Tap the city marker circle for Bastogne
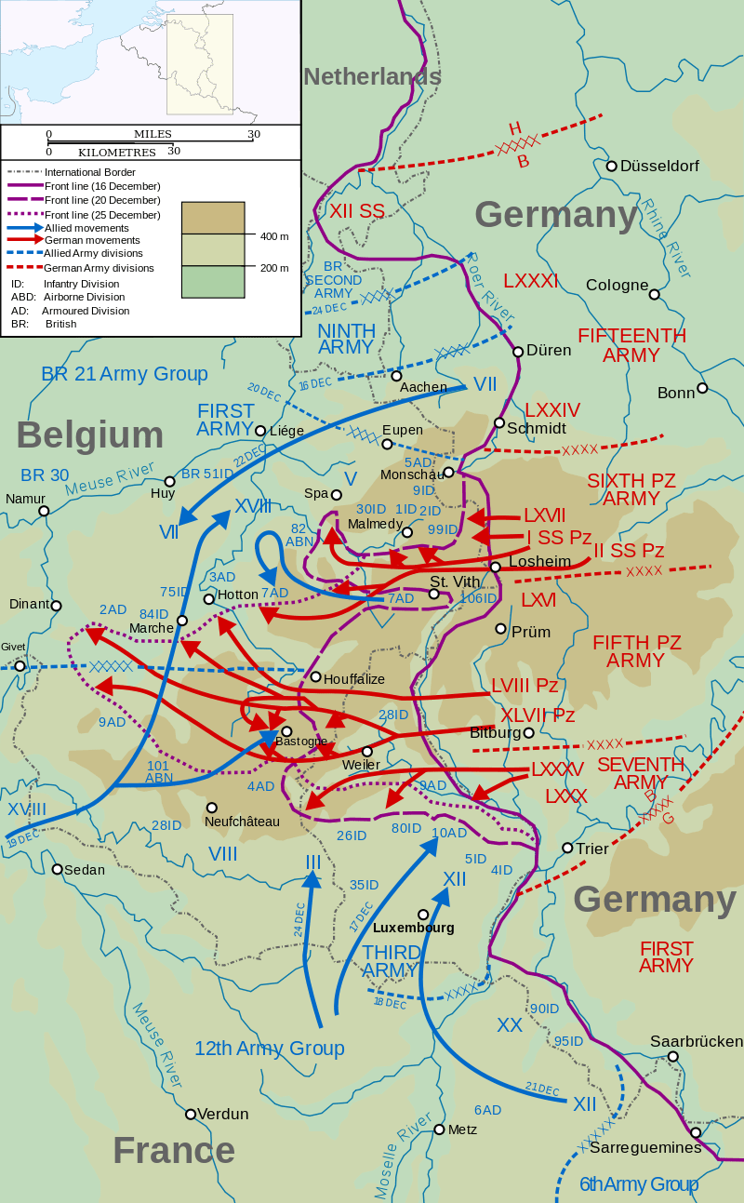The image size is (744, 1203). pos(286,731)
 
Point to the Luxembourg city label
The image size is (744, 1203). pos(413,928)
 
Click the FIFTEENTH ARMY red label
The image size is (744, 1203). pos(631,345)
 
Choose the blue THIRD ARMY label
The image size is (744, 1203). pos(390,961)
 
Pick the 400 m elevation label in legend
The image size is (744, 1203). pos(273,237)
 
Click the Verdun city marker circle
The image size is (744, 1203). pos(191,1114)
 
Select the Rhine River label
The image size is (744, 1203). pos(667,237)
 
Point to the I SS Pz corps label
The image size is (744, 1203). pos(559,537)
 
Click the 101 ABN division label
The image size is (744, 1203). pos(160,772)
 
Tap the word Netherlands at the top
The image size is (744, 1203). pos(372,76)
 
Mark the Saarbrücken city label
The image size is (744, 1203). pos(697,1041)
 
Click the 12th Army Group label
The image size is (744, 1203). pos(269,1049)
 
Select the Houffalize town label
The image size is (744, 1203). pos(354,678)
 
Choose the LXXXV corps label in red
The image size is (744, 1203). pos(557,770)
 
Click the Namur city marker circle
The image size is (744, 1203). pos(42,511)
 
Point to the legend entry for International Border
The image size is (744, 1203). pos(89,172)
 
